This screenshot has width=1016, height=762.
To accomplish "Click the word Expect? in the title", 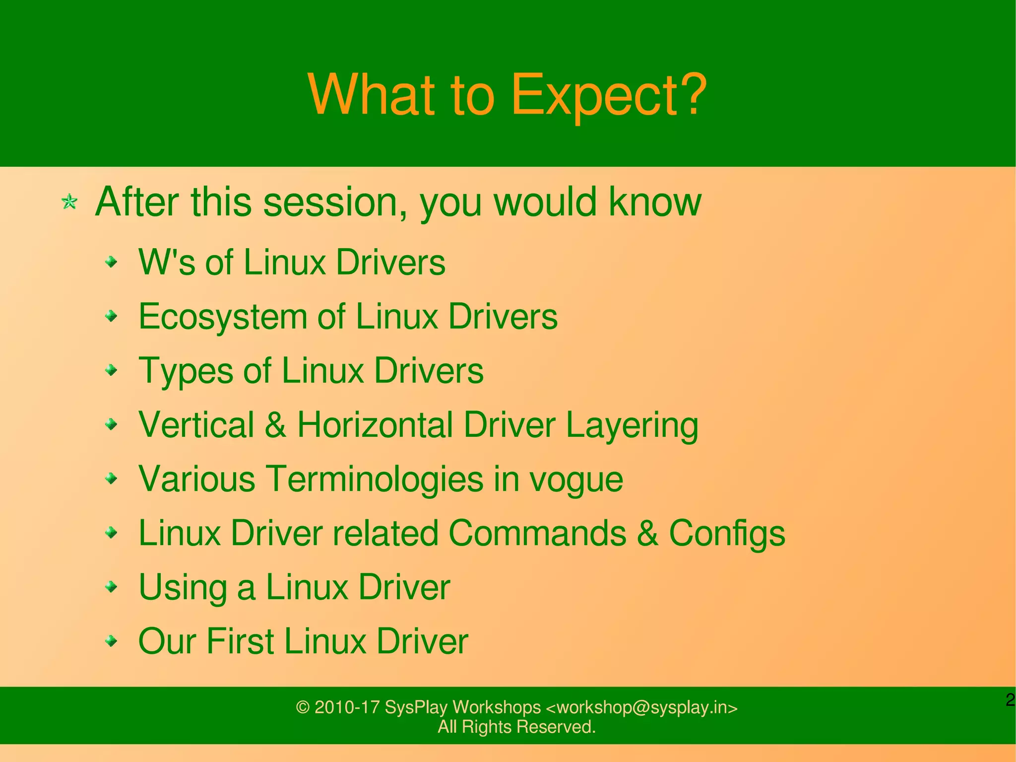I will [608, 95].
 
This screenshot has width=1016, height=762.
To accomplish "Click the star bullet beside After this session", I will [69, 202].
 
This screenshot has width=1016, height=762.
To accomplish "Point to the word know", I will [655, 202].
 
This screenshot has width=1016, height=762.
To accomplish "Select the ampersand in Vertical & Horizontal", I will [275, 425].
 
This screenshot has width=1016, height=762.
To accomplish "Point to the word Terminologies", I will [375, 479].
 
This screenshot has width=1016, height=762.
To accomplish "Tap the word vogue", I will [575, 480].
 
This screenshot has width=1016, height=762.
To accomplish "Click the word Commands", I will [537, 533].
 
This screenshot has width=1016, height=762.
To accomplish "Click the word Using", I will [182, 588].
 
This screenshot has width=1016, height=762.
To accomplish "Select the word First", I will [240, 641].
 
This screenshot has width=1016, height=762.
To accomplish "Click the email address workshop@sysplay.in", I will [642, 707].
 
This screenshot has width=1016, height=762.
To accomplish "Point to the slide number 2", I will [1010, 700].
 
